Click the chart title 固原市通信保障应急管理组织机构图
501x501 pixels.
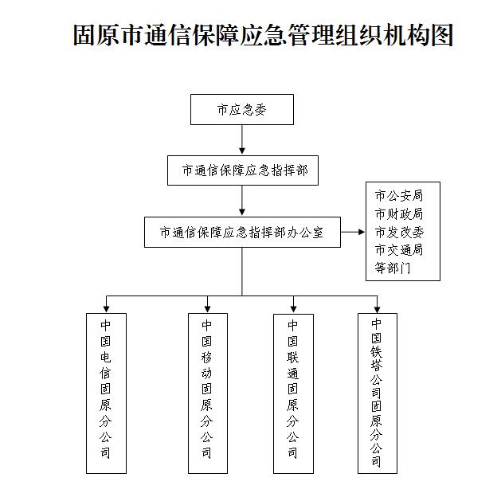tap(263, 35)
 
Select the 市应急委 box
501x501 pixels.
tap(242, 109)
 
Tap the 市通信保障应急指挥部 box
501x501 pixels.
tap(243, 170)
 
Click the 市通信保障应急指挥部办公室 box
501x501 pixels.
tap(242, 232)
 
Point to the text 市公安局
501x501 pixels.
tap(399, 196)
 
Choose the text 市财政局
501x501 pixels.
tap(399, 213)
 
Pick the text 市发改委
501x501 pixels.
tap(399, 232)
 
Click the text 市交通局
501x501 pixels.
tap(399, 250)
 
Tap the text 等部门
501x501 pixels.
tap(393, 268)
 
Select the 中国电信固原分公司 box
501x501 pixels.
tap(106, 393)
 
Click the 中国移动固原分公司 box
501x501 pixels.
tap(208, 393)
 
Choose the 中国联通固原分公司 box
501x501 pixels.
tap(293, 393)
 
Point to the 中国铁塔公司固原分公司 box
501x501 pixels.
tap(378, 393)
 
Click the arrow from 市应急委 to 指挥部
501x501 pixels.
tap(242, 139)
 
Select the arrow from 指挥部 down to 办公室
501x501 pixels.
tap(242, 201)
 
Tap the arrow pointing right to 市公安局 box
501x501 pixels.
tap(352, 232)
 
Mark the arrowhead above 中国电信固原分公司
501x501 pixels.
tap(107, 309)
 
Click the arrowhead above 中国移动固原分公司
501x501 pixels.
tap(208, 309)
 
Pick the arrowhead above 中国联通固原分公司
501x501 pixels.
tap(293, 309)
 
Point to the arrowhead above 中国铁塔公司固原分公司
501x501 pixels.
tap(378, 309)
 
